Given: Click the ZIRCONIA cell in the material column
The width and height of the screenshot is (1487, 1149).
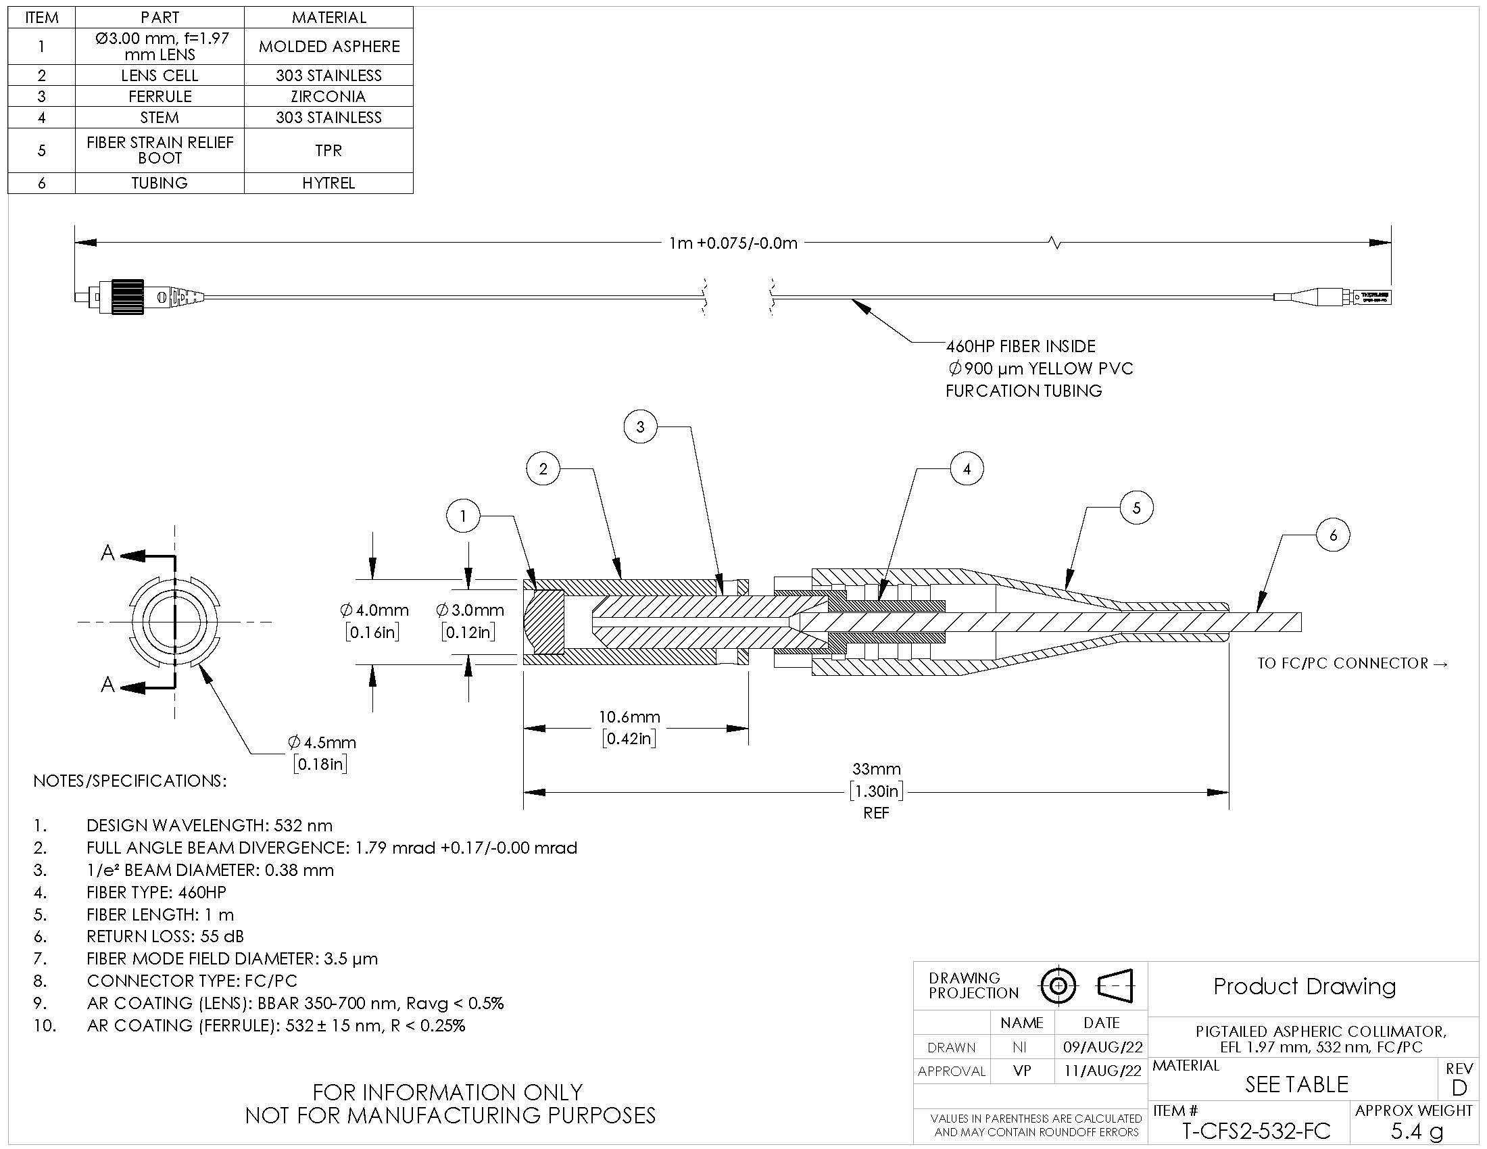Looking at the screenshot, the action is point(328,96).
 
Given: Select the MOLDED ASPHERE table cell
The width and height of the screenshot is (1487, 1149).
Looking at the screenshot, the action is point(328,46).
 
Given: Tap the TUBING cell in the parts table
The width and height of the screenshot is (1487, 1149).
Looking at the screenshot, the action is point(160,183).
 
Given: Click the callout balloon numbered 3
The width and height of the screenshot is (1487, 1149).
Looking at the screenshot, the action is point(640,426).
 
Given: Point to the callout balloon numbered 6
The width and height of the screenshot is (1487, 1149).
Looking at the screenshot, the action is point(1333,535).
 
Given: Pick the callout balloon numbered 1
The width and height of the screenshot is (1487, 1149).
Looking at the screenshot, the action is point(463,516).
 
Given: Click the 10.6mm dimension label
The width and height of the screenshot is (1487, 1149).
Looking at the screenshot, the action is point(629,716).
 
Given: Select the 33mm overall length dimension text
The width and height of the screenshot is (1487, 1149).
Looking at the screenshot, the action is point(876,769).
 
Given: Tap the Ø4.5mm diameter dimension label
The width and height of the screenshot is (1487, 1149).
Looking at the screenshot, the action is point(321,742).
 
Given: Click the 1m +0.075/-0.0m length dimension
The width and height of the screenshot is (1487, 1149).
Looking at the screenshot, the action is point(733,243).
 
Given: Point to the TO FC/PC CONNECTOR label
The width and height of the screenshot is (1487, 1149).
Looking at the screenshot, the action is point(1352,663).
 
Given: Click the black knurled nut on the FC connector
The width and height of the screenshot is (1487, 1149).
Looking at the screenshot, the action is point(128,297).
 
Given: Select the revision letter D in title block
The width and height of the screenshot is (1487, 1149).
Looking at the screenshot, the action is point(1459,1087).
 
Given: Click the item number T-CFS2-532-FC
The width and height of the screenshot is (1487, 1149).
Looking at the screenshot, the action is point(1257,1131).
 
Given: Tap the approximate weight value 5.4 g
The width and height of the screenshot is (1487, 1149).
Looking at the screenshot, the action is point(1416,1131).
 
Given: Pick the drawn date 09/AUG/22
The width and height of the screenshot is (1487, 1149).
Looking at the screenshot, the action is point(1102,1047).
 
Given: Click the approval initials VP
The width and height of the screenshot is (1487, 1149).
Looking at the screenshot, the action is point(1022,1071).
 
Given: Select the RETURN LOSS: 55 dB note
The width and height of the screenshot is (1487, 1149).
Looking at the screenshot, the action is point(165,936).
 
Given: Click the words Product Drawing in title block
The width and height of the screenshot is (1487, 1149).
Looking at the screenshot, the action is point(1305,986).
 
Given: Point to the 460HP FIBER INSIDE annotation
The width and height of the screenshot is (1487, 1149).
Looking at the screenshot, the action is point(1021,346).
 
